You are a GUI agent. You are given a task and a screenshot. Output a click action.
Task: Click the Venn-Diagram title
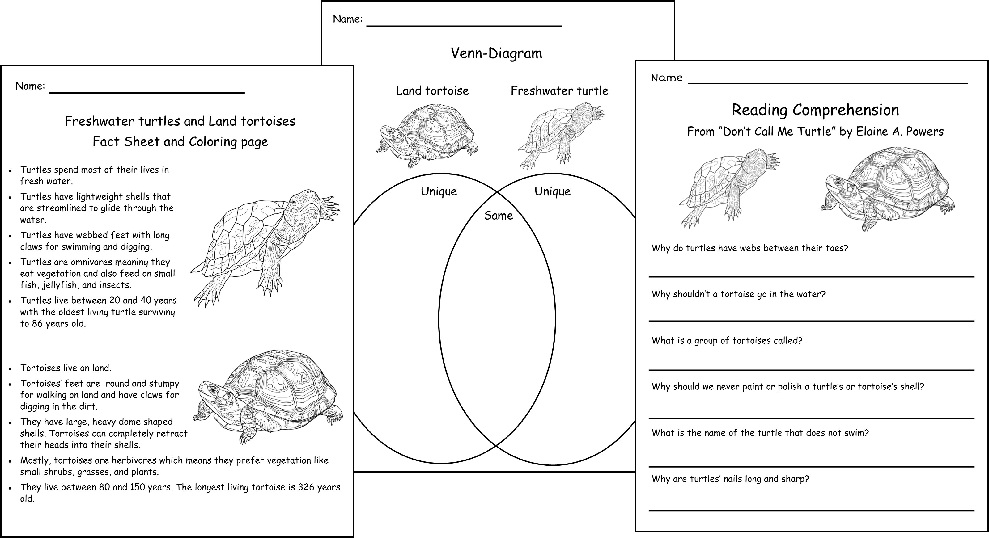pyautogui.click(x=496, y=53)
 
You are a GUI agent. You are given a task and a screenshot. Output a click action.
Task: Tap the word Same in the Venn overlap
pyautogui.click(x=498, y=216)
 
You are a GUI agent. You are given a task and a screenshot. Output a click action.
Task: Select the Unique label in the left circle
pyautogui.click(x=439, y=191)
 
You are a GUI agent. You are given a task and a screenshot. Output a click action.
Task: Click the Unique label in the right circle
pyautogui.click(x=553, y=191)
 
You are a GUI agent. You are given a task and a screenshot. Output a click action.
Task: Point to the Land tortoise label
pyautogui.click(x=433, y=90)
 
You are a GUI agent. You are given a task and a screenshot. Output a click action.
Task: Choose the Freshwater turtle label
pyautogui.click(x=559, y=90)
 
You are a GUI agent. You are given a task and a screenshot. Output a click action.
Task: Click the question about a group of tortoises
pyautogui.click(x=727, y=341)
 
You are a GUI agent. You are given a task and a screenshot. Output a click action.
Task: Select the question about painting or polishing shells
pyautogui.click(x=788, y=387)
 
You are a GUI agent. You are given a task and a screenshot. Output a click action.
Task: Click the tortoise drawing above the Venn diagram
pyautogui.click(x=427, y=136)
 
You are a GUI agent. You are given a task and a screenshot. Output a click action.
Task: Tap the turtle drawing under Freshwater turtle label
pyautogui.click(x=561, y=136)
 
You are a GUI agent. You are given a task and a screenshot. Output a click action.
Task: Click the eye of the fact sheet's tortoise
pyautogui.click(x=211, y=389)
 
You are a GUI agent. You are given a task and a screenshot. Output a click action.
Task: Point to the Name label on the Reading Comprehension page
pyautogui.click(x=667, y=78)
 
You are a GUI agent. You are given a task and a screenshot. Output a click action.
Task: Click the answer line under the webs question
pyautogui.click(x=812, y=276)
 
